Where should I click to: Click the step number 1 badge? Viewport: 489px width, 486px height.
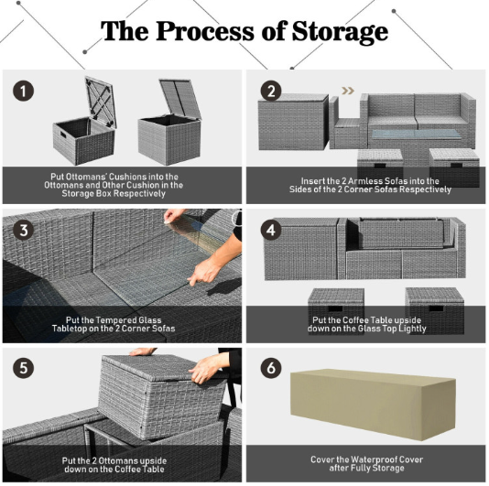pos(23,91)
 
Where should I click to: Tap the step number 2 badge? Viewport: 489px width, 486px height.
pos(271,91)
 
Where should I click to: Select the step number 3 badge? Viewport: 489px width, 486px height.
pos(23,231)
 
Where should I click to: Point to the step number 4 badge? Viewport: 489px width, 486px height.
pos(271,231)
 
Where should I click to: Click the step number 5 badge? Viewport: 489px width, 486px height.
pos(23,368)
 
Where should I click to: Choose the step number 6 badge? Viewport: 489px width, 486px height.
pos(271,368)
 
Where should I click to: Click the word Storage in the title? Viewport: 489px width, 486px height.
pos(340,32)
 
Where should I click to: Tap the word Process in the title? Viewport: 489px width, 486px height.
pos(205,31)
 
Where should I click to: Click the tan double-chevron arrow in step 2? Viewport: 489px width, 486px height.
pos(348,91)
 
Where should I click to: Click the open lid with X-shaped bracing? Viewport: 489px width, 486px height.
pos(101,102)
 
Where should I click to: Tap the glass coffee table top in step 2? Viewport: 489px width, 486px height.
pos(416,135)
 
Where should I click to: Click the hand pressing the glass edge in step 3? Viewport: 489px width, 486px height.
pos(205,272)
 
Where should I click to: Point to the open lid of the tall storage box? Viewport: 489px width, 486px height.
pos(179,98)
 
